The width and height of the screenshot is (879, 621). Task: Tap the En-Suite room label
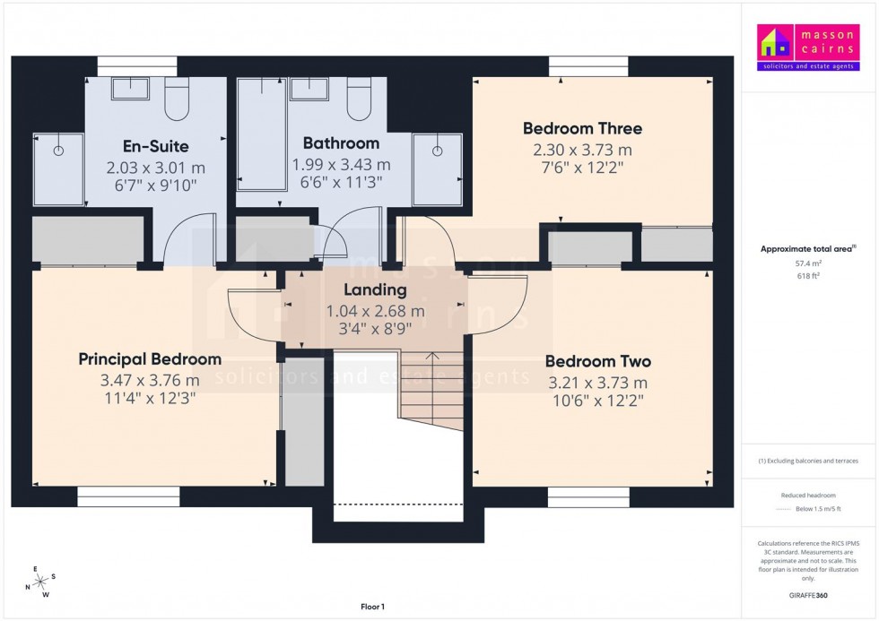(x=155, y=146)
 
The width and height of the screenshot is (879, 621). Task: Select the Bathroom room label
(x=341, y=143)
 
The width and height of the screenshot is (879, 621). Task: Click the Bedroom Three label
(x=582, y=128)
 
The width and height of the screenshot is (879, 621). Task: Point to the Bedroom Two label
(x=598, y=362)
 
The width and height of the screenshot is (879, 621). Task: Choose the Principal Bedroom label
(x=150, y=359)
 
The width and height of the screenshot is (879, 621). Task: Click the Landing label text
(x=375, y=290)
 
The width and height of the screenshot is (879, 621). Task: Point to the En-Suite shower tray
(x=58, y=170)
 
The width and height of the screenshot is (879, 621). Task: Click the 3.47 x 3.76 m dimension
(x=150, y=381)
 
